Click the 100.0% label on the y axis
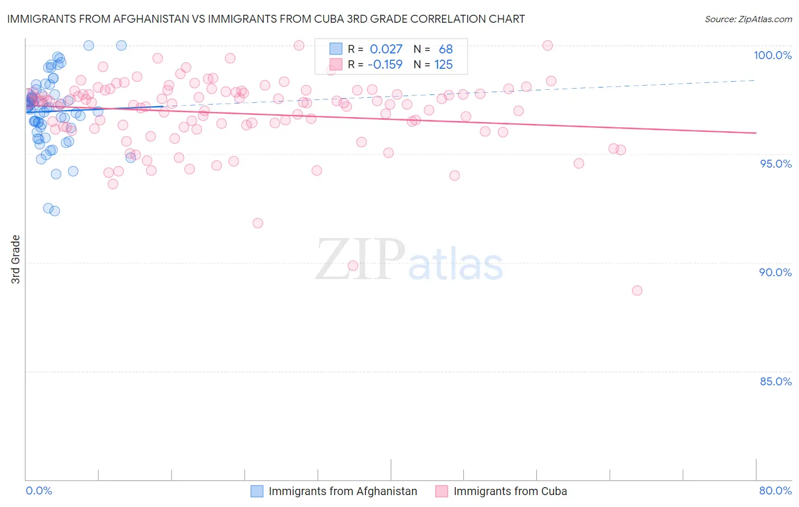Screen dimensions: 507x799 click(772, 55)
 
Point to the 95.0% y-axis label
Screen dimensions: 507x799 click(776, 164)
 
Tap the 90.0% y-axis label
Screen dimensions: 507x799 click(775, 272)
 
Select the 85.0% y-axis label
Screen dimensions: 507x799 click(776, 381)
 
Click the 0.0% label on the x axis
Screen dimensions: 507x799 click(39, 491)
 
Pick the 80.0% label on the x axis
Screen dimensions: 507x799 click(775, 491)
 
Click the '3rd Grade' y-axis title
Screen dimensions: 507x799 click(16, 259)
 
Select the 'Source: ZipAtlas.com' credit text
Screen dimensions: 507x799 click(748, 19)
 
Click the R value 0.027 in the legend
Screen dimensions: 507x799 click(386, 49)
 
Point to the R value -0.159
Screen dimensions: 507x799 click(385, 65)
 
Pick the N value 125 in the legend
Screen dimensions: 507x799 click(443, 65)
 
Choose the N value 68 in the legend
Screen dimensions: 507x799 click(446, 49)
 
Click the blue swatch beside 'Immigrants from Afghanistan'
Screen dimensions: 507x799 click(257, 492)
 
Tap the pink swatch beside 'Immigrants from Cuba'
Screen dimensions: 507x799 click(442, 492)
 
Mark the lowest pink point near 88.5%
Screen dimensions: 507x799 click(637, 290)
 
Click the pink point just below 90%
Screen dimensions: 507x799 click(353, 265)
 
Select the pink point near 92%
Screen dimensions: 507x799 click(258, 223)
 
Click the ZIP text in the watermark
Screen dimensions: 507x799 click(360, 260)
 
